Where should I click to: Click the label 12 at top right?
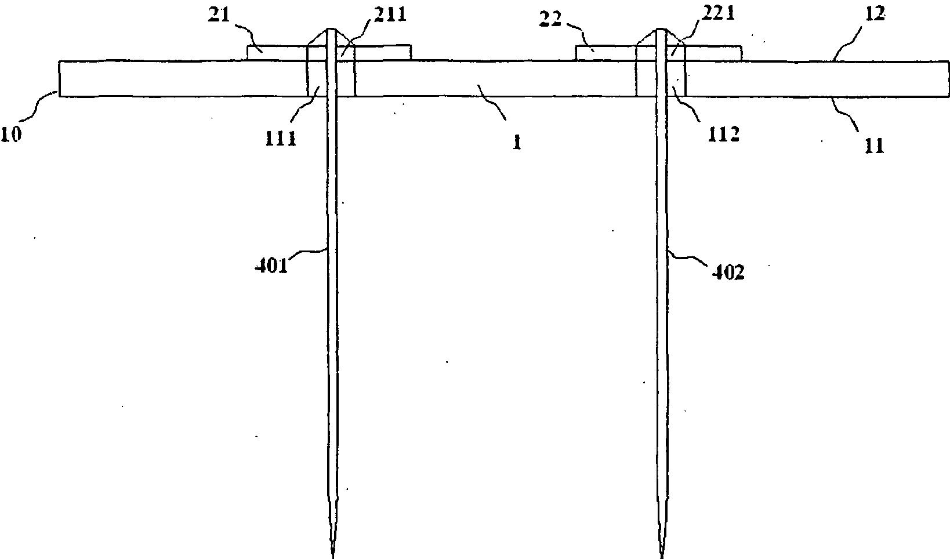tap(875, 16)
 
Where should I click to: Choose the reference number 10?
tap(12, 135)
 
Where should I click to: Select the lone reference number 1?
tap(516, 142)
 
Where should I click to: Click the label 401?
tap(271, 267)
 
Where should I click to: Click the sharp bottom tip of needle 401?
tap(333, 556)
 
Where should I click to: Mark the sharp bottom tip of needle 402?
tap(661, 556)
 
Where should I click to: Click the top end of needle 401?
tap(332, 29)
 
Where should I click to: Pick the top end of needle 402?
tap(660, 29)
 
